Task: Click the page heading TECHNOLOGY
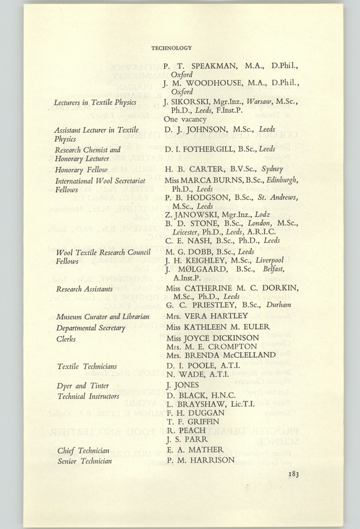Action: tap(171, 48)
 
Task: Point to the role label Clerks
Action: tap(66, 339)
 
